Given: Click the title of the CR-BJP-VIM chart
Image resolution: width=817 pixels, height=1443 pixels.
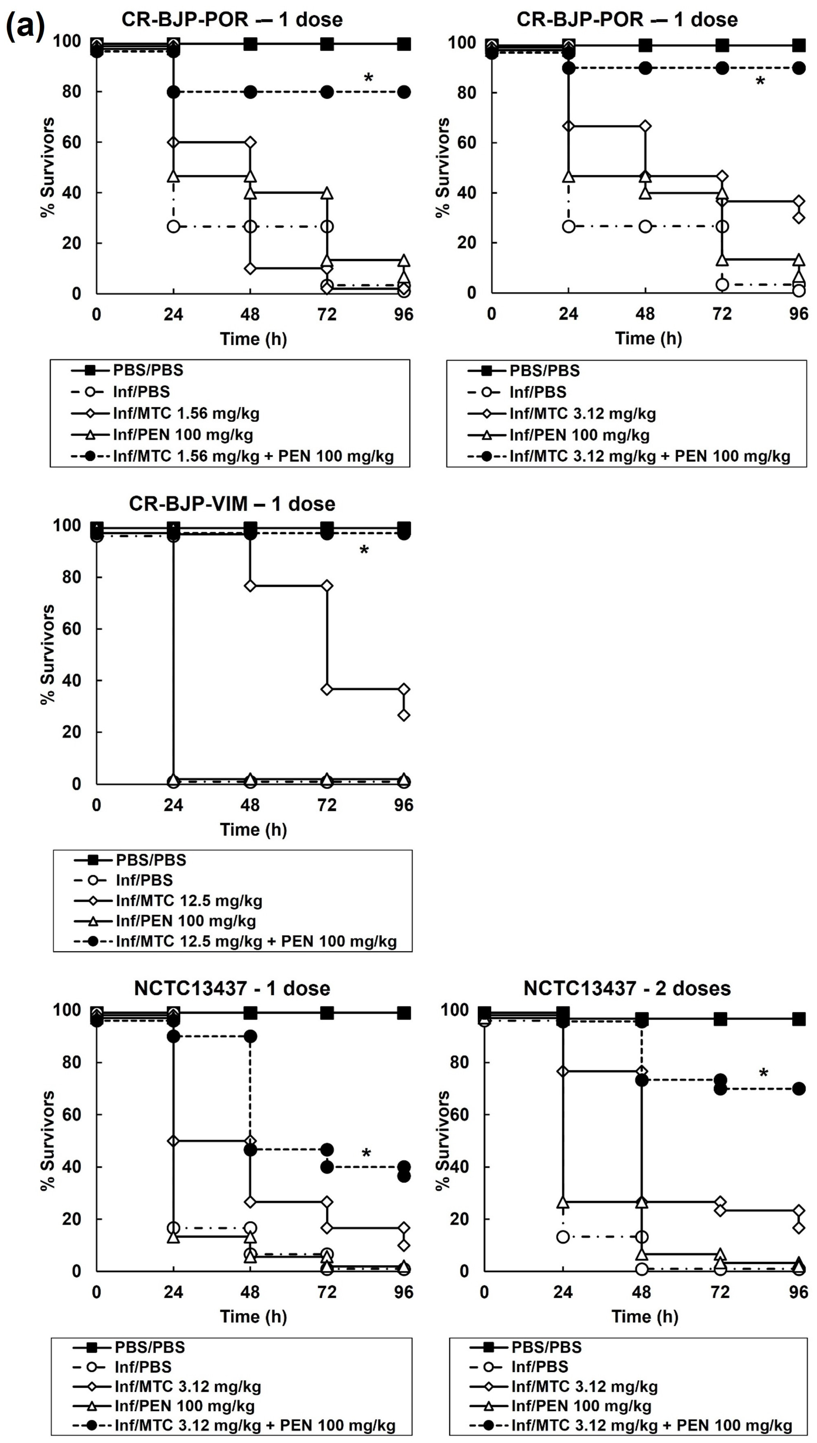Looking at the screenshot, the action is [x=232, y=503].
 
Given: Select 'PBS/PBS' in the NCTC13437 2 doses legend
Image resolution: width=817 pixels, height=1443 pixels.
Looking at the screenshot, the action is [x=546, y=1347].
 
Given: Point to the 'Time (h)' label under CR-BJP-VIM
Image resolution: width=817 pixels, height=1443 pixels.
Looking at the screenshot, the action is [x=253, y=829].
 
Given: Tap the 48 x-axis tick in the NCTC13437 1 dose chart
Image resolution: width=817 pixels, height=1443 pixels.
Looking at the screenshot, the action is [x=250, y=1292].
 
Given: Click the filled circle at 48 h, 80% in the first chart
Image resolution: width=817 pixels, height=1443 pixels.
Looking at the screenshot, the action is [x=250, y=92].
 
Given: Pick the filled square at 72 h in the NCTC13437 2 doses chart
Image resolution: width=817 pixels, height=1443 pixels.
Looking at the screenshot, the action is [x=720, y=1019].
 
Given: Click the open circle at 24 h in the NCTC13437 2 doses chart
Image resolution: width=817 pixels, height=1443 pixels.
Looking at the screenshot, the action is [x=563, y=1237].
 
